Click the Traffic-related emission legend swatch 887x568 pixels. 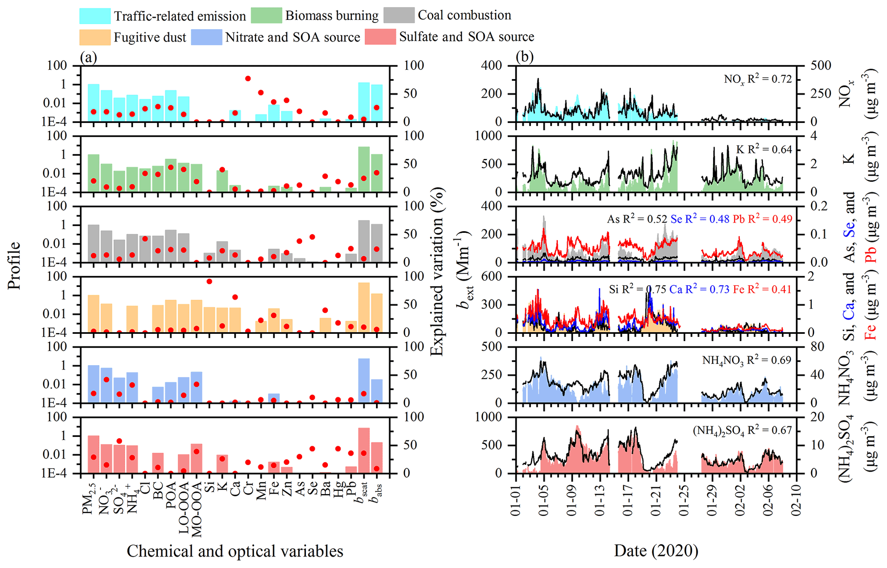coord(95,16)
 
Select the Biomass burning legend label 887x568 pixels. coord(332,16)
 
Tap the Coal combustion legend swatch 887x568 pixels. coord(399,15)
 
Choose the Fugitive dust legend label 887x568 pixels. coord(150,37)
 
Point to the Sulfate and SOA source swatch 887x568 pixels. coord(380,37)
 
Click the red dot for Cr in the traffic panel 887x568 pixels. coord(248,79)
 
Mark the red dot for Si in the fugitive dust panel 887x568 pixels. coord(209,281)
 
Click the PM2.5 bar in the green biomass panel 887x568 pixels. coord(94,173)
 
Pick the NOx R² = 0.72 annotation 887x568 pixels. coord(757,79)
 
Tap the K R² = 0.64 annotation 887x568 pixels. coord(764,150)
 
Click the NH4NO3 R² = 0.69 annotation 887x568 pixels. coord(746,360)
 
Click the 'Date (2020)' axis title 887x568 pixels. coord(656,550)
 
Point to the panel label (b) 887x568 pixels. coord(524,57)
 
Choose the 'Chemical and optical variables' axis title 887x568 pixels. coord(235,551)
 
